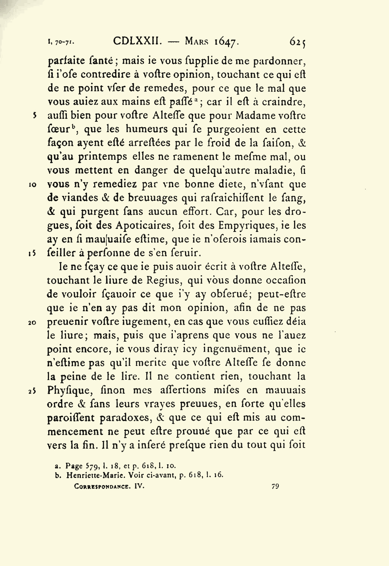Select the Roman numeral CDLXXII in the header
[x=138, y=41]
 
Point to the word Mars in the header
[x=197, y=41]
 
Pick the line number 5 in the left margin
[x=35, y=115]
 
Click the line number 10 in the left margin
[x=33, y=184]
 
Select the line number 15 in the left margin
[x=33, y=253]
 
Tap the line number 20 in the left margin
[x=33, y=322]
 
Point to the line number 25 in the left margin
[x=33, y=391]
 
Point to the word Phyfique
[x=68, y=391]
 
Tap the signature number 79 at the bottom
[x=275, y=486]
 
